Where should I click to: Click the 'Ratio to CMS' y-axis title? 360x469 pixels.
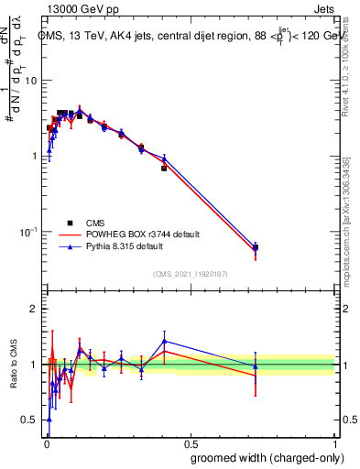[x=13, y=365]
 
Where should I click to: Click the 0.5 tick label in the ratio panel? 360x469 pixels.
[x=29, y=420]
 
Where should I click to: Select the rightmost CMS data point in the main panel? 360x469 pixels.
[x=256, y=247]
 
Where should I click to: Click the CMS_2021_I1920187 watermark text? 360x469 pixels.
[x=190, y=273]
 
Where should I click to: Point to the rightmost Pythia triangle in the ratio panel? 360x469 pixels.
[x=256, y=366]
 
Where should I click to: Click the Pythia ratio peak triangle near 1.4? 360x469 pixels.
[x=164, y=341]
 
